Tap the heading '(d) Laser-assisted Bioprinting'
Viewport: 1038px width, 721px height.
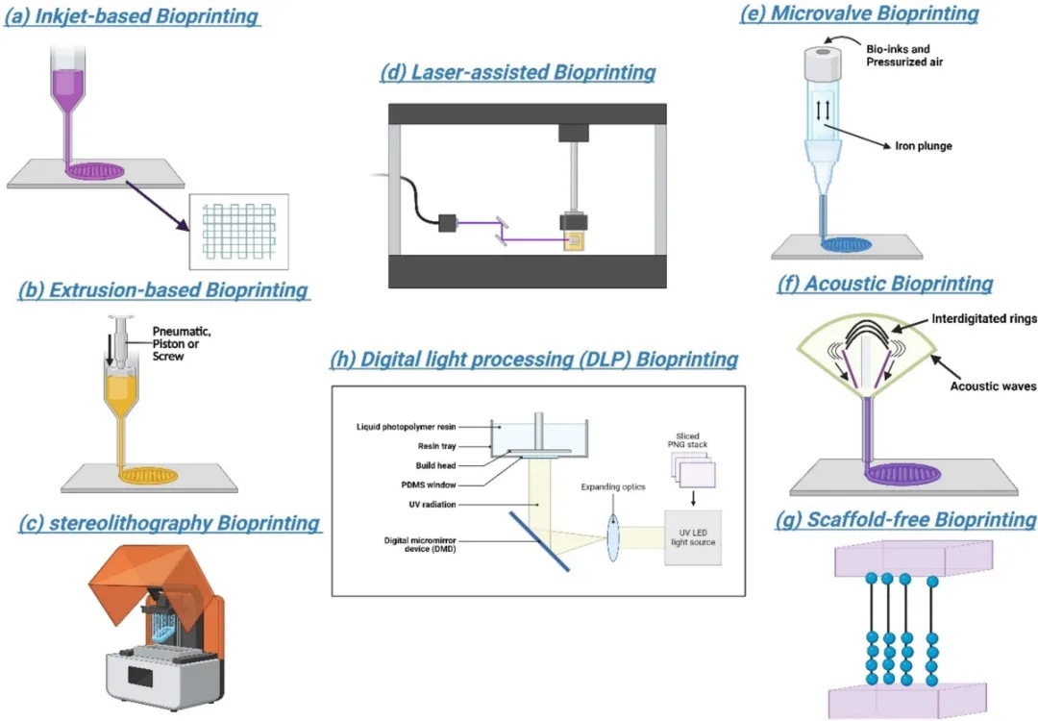518,72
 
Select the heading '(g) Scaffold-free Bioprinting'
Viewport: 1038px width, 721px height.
906,520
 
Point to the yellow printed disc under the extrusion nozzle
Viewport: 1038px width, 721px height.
148,474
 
